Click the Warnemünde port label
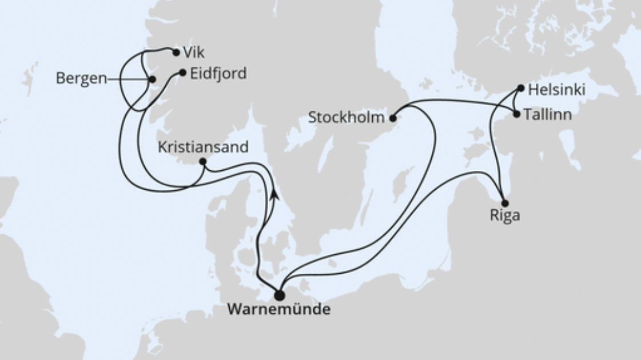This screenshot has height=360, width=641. coord(279,310)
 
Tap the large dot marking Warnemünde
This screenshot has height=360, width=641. coord(279,295)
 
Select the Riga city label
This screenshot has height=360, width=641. coord(505,216)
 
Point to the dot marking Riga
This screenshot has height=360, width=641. coord(504,203)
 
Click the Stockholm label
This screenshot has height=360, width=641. coord(345,118)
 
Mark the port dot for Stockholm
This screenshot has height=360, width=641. coord(393,118)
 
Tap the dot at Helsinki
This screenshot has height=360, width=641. coord(520,88)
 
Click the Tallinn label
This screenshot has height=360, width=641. coord(550,115)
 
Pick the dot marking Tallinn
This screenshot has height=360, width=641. coord(517,114)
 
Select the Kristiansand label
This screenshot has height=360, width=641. coord(204,147)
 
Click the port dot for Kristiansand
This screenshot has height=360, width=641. coord(202,162)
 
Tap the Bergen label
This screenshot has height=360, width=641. coord(81,79)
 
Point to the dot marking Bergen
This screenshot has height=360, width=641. coord(152,79)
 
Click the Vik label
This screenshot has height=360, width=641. coord(194,53)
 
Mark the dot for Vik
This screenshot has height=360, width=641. coord(175,52)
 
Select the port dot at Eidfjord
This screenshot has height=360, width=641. coord(182,73)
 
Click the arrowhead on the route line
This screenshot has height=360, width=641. coord(274,194)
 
